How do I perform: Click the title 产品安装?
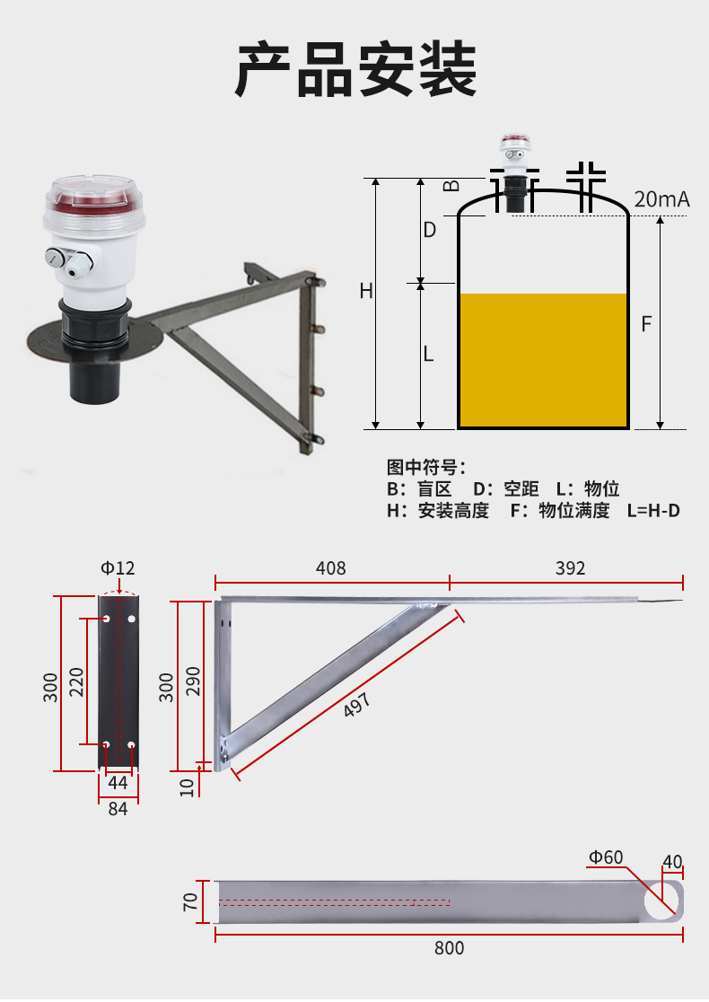coord(355,69)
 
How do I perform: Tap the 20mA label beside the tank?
coord(661,199)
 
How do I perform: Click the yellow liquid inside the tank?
coord(543,360)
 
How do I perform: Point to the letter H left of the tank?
coord(366,292)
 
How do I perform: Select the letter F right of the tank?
coord(646,324)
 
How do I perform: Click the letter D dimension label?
coord(430,230)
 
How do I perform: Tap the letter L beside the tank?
coord(429,354)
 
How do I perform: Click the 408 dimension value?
coord(331,568)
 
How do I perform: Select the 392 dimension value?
coord(571,568)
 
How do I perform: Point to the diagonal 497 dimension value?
coord(357,705)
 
